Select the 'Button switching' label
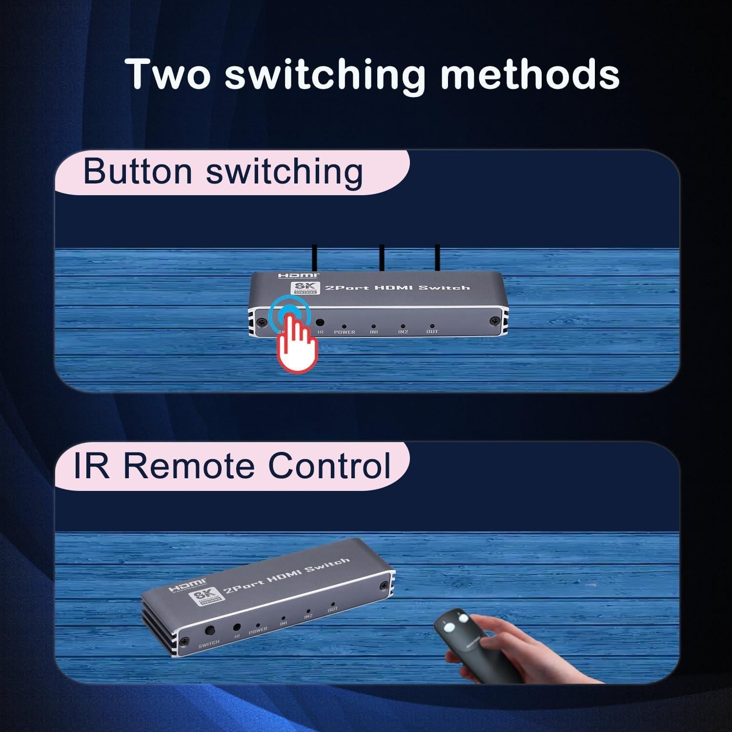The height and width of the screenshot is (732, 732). pos(223,171)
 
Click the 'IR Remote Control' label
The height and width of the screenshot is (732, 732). pos(232,465)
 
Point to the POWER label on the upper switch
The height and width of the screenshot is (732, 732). pos(345,332)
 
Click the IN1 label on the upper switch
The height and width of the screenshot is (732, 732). pos(374,332)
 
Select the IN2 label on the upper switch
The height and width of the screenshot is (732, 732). pos(403,332)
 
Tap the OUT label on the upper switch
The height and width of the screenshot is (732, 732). pos(432,332)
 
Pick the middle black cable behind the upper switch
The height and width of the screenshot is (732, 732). pos(381,259)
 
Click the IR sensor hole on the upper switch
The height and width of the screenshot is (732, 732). pos(321,323)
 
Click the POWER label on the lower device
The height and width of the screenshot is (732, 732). pos(258,630)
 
